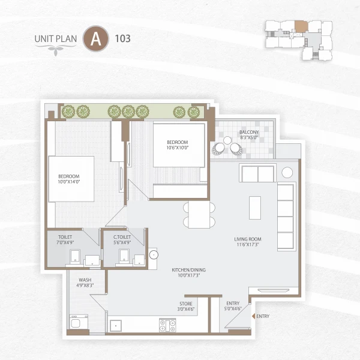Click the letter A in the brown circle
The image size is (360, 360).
tap(94, 39)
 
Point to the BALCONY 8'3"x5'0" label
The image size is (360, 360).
tap(249, 134)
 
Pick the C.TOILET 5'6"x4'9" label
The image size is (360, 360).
tap(123, 240)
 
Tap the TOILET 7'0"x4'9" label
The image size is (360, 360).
tap(65, 240)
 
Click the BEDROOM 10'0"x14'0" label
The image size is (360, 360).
tap(69, 179)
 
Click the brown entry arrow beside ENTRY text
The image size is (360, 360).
tap(253, 316)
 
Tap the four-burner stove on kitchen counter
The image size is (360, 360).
tap(167, 326)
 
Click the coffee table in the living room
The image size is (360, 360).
tap(255, 208)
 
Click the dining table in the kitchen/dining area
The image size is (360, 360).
tap(199, 214)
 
